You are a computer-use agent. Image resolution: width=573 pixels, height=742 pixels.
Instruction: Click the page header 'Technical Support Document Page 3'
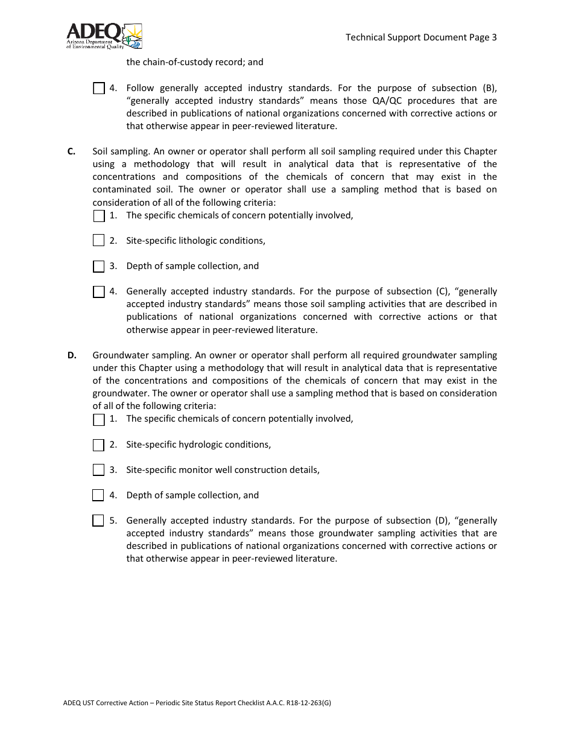[421, 37]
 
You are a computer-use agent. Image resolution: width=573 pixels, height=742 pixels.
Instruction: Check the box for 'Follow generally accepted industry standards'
[99, 89]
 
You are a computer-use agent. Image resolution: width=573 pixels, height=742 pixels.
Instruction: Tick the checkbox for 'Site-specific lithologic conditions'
[99, 241]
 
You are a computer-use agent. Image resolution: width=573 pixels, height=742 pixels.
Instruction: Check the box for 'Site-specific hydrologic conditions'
[99, 445]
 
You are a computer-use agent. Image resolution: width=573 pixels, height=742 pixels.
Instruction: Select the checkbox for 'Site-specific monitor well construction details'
[99, 470]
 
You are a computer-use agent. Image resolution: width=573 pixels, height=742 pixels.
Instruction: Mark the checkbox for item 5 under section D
[98, 521]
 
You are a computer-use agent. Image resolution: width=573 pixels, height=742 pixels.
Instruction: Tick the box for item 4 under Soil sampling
[99, 292]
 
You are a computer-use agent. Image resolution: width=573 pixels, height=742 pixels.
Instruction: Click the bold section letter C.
[71, 151]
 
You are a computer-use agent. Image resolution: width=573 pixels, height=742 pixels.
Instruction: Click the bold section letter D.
[72, 355]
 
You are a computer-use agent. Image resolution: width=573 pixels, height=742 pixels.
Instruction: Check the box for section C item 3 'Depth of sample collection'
[99, 267]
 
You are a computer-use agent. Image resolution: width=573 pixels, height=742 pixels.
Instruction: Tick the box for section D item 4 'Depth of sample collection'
[98, 495]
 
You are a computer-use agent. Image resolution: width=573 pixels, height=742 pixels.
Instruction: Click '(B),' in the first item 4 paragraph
[486, 88]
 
